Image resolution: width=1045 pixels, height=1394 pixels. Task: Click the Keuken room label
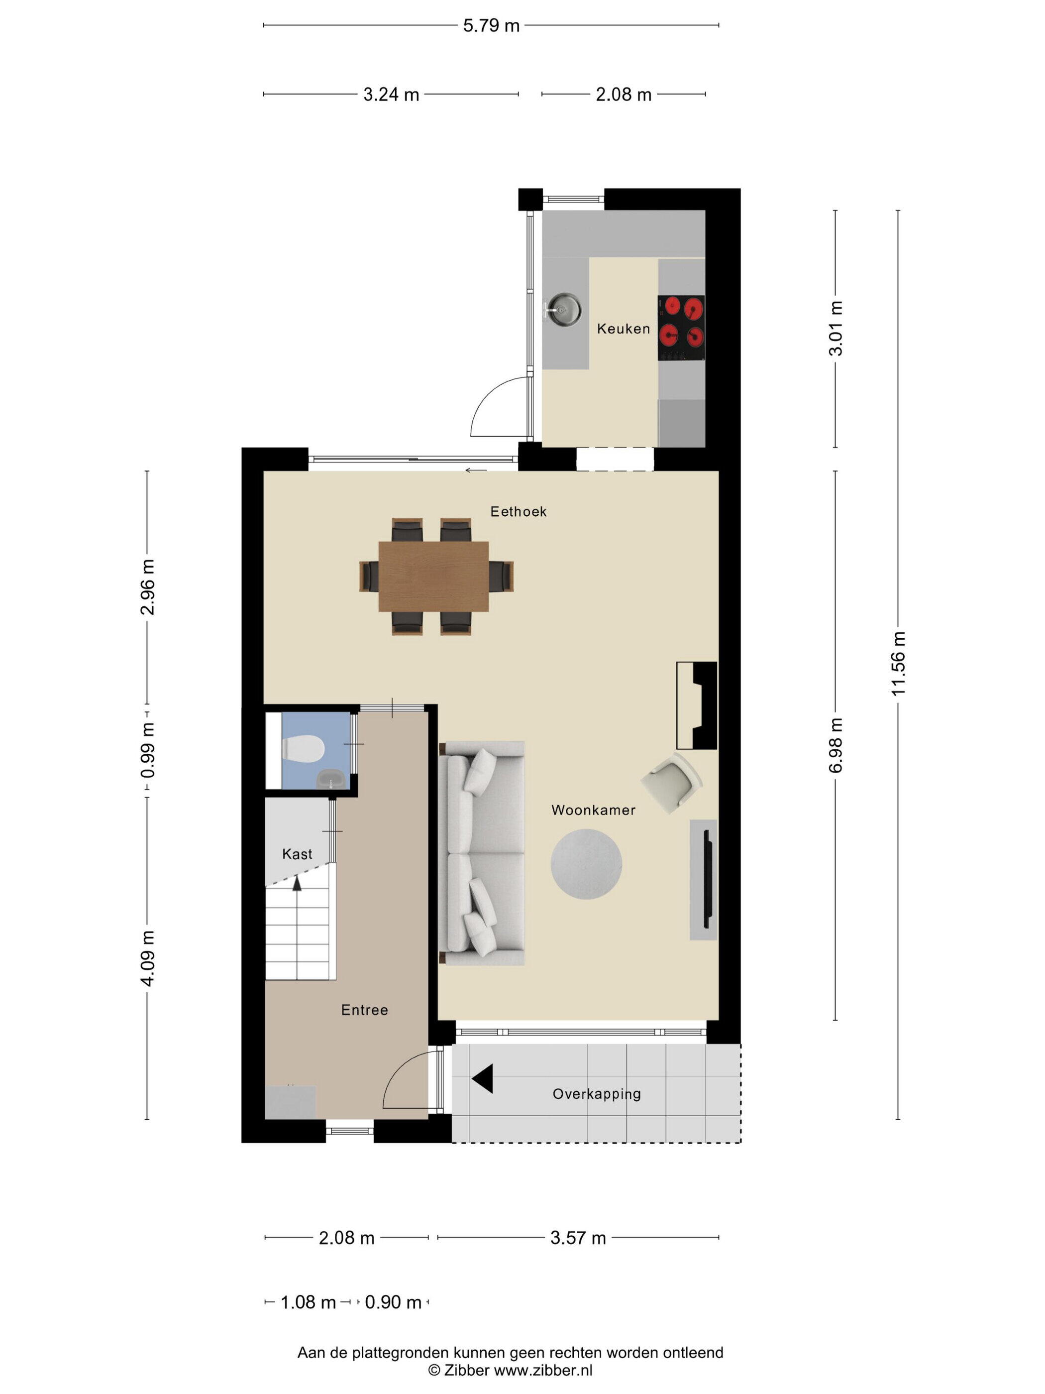click(x=623, y=328)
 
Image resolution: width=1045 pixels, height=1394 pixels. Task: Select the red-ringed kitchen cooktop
click(x=681, y=328)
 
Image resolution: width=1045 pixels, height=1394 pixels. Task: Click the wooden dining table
click(x=433, y=576)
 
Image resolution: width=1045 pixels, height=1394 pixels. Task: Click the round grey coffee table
click(x=586, y=863)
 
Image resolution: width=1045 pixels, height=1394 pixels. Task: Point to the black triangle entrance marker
click(x=483, y=1078)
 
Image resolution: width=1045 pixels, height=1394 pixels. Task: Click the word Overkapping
click(x=597, y=1094)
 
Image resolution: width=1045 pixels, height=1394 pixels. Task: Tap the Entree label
click(x=364, y=1010)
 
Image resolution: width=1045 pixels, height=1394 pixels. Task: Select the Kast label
click(x=297, y=854)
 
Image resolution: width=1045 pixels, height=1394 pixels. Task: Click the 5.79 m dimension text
click(x=491, y=26)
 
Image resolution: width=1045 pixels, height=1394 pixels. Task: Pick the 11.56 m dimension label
click(x=898, y=664)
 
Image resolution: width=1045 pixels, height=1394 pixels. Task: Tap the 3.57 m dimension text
click(x=578, y=1238)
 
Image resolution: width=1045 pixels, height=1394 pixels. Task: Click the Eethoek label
click(x=519, y=512)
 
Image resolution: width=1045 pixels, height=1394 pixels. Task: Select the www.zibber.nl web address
click(x=543, y=1370)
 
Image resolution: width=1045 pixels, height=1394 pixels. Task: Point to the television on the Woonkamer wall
click(x=708, y=879)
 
